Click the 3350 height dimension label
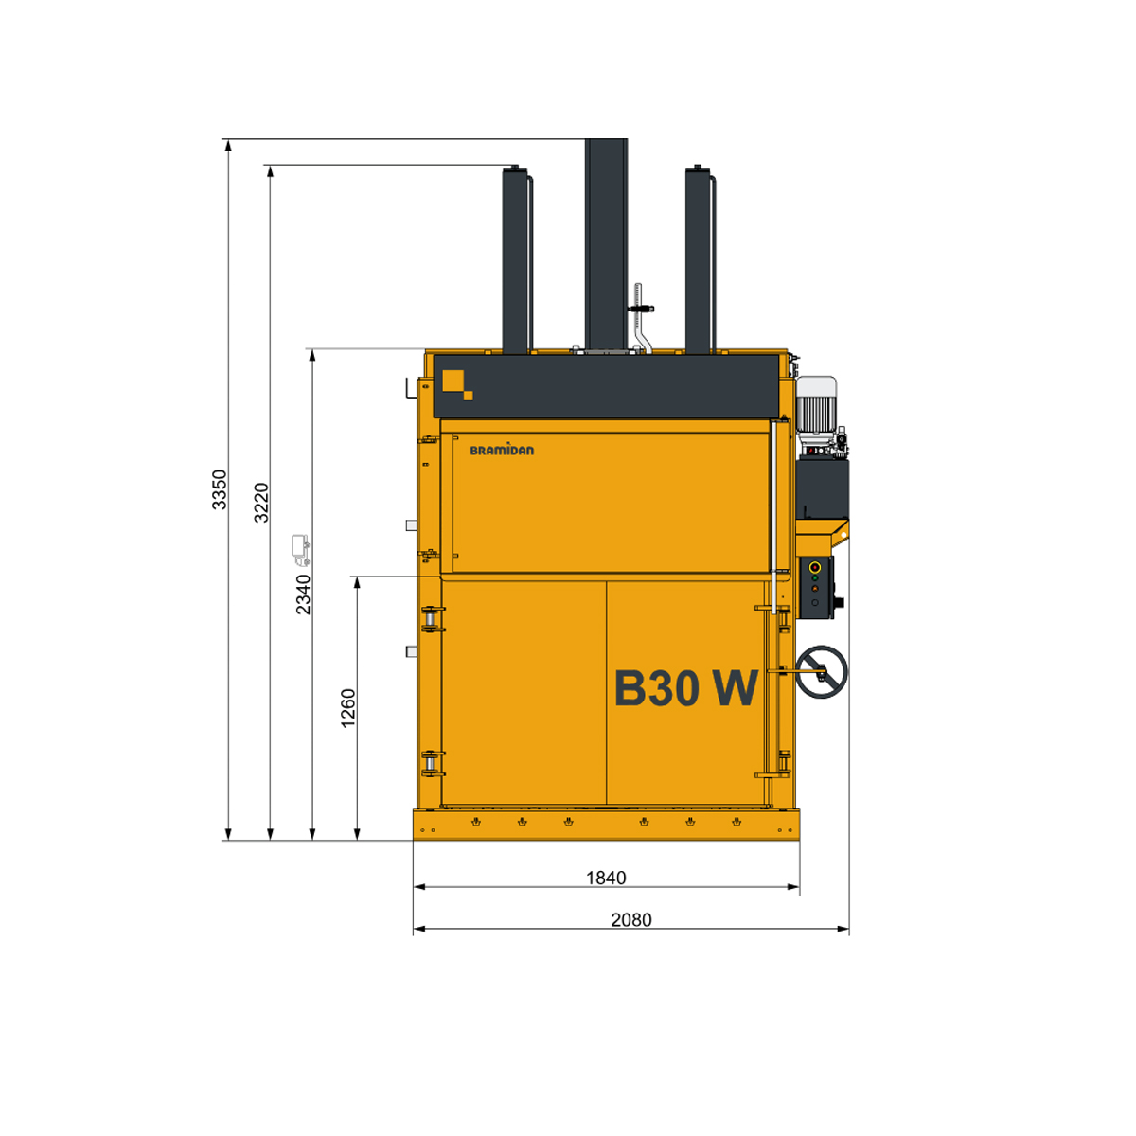coord(220,489)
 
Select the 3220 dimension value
coord(261,503)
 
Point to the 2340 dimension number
coord(303,595)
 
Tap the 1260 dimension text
coord(348,708)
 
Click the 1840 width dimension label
coord(606,878)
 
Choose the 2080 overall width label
coord(631,919)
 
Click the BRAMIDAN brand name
coord(502,450)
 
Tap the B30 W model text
coord(685,687)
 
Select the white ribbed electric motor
coord(816,407)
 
